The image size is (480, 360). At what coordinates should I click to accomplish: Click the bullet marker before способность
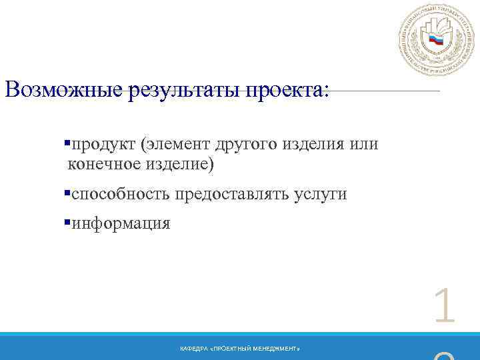pyautogui.click(x=67, y=193)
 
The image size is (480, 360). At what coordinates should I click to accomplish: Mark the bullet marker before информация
pyautogui.click(x=67, y=223)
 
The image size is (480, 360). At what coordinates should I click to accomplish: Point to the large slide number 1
pyautogui.click(x=444, y=308)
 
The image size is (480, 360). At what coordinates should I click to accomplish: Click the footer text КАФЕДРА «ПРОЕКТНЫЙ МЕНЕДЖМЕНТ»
pyautogui.click(x=240, y=349)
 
